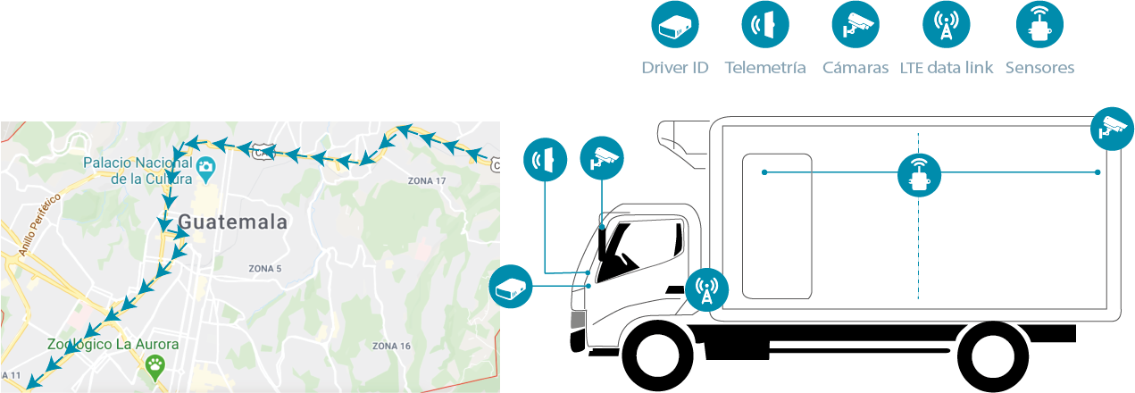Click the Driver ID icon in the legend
[x=675, y=26]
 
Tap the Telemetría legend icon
[x=765, y=26]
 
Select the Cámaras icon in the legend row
[x=855, y=26]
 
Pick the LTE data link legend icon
[x=947, y=26]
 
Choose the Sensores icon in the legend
[x=1039, y=26]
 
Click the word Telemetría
[x=765, y=68]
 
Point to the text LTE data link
[x=947, y=68]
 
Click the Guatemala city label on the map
[x=233, y=222]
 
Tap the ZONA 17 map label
[x=426, y=181]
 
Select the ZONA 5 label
[x=265, y=269]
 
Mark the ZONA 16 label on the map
[x=391, y=347]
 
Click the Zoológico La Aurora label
[x=113, y=344]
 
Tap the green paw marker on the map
[x=156, y=366]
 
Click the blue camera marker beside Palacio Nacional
[x=206, y=166]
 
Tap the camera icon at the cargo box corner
[x=1113, y=128]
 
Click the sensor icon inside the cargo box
[x=919, y=175]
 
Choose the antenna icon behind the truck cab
[x=706, y=289]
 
